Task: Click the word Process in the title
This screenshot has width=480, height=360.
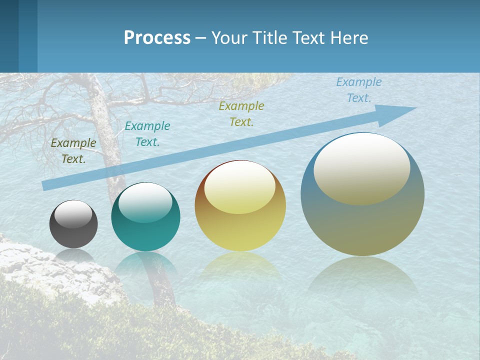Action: (x=157, y=38)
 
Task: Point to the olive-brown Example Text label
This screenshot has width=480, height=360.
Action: (x=73, y=151)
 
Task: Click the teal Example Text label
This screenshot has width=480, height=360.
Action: (x=147, y=134)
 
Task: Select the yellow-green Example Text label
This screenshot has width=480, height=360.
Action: (x=241, y=113)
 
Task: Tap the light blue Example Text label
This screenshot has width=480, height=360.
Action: (x=359, y=90)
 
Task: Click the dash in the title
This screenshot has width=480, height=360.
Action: (x=201, y=38)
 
